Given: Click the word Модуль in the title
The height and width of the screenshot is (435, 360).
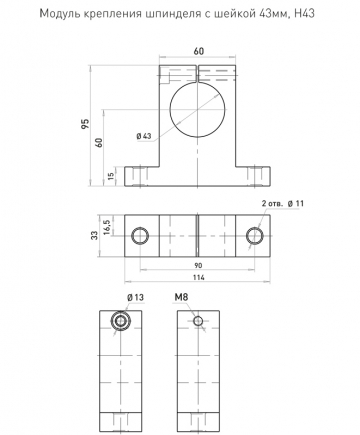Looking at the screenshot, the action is (x=58, y=14).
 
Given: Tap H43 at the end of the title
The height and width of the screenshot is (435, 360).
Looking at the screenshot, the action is (x=305, y=13).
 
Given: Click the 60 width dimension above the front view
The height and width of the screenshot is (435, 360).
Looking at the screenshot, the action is (x=199, y=51).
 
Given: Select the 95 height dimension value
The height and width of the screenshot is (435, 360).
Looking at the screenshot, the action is (x=86, y=124).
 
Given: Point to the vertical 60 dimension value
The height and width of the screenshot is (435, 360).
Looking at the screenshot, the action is (x=99, y=143).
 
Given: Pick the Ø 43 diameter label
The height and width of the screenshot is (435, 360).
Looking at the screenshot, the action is (x=144, y=136).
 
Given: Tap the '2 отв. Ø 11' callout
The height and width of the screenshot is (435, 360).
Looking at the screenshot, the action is (x=283, y=203).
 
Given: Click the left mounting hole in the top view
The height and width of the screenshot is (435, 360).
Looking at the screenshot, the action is (x=140, y=236).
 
